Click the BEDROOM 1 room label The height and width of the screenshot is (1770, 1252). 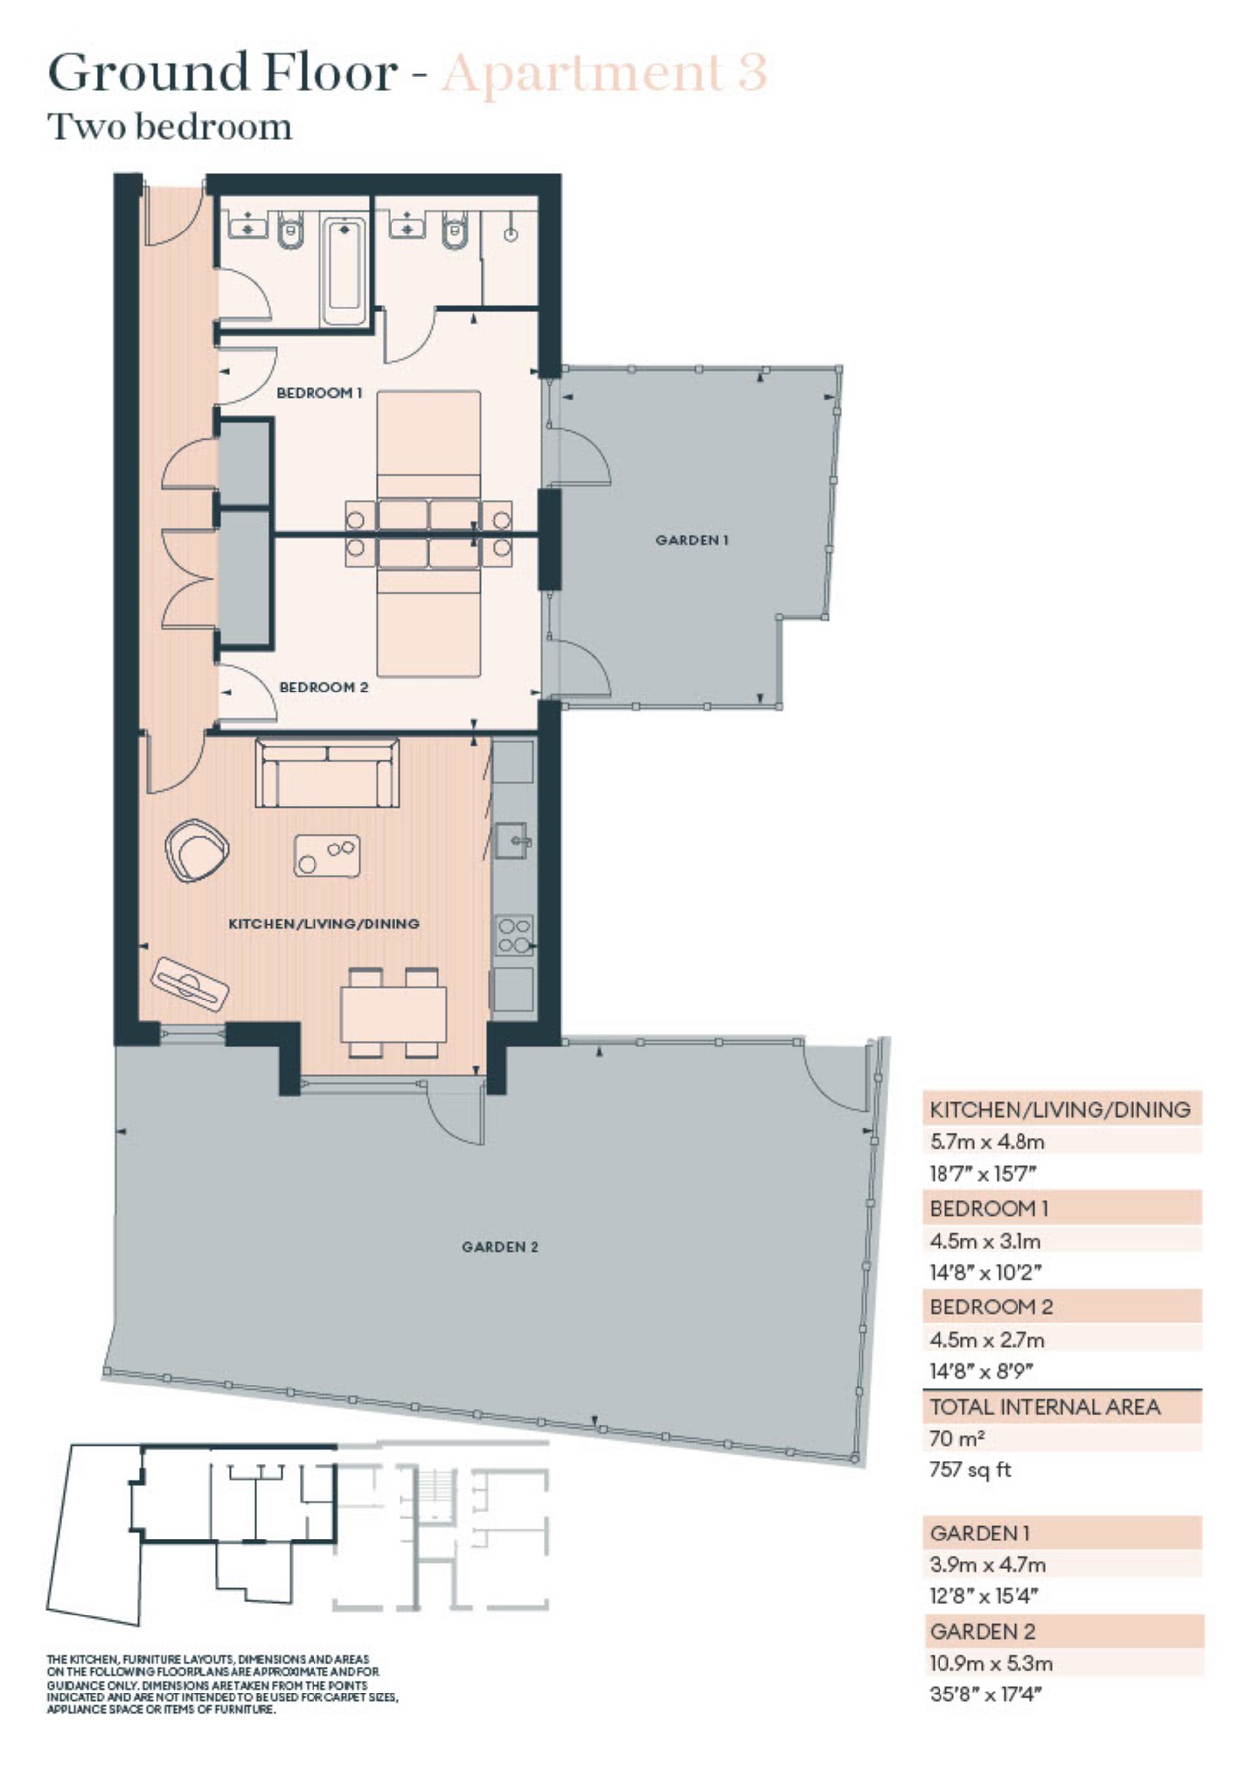coord(319,393)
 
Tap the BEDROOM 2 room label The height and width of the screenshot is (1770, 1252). coord(323,687)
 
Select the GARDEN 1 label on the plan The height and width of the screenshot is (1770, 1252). coord(692,540)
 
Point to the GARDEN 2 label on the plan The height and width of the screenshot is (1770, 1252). coord(499,1246)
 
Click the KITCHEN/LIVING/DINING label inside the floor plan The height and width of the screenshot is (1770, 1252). coord(323,923)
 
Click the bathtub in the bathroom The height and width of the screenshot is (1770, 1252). coord(344,271)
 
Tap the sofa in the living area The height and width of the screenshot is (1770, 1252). coord(327,774)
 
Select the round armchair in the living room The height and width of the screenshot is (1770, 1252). coord(197,850)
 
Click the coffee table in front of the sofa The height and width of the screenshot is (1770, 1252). coord(327,856)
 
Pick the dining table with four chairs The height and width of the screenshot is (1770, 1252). coord(393,1013)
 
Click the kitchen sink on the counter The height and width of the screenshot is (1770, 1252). coord(513,842)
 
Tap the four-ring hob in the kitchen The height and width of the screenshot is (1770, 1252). coord(514,934)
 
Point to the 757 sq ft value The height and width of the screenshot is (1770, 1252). coord(970,1469)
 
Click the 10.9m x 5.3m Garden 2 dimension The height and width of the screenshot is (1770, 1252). coord(991,1663)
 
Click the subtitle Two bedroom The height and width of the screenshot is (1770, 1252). coord(170,128)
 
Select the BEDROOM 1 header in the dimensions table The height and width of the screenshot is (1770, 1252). coord(989,1209)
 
